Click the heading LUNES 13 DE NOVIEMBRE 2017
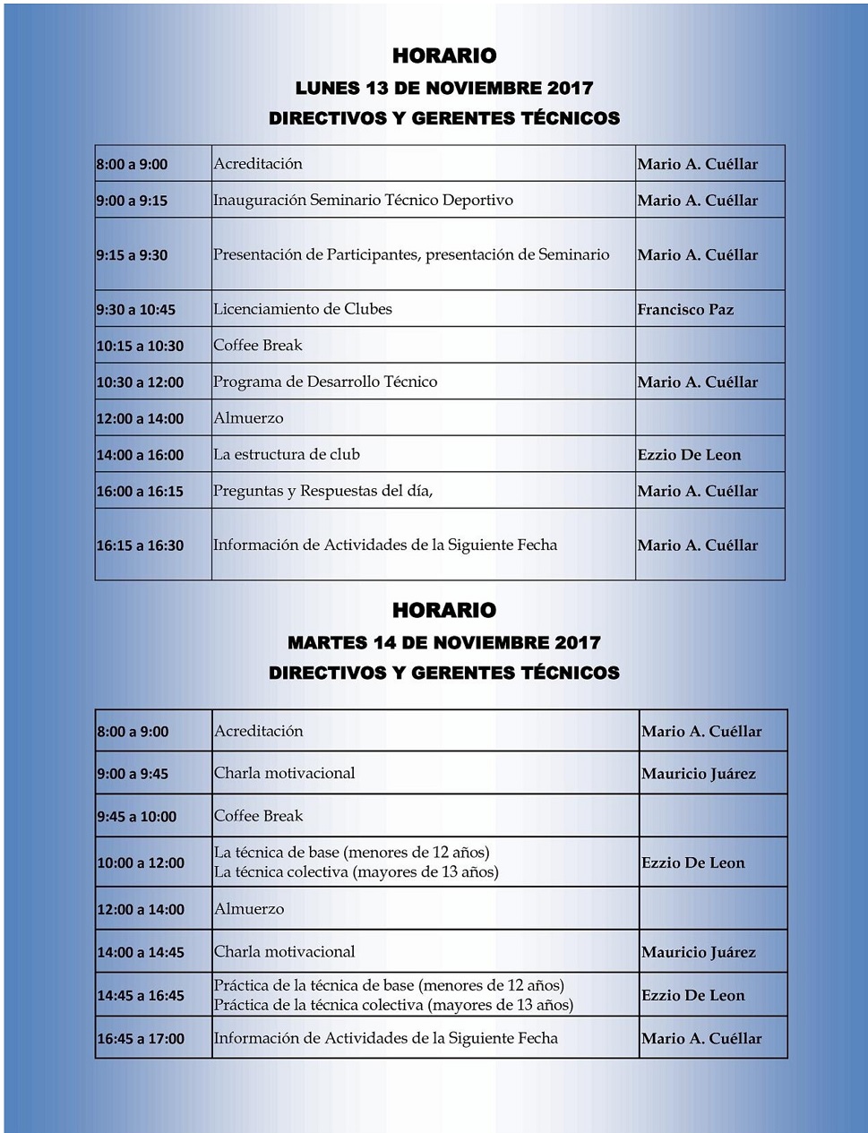[x=444, y=88]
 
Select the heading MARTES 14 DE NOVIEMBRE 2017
[x=444, y=642]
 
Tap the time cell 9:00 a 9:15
[x=133, y=201]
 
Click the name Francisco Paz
[x=685, y=310]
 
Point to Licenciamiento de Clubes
[x=303, y=309]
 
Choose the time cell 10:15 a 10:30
[x=140, y=346]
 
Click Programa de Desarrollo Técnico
[x=325, y=382]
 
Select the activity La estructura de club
[x=287, y=454]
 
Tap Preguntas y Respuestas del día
[x=322, y=491]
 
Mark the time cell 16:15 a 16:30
[x=140, y=545]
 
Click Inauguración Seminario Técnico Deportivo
[x=363, y=200]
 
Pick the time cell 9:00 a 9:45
[x=133, y=774]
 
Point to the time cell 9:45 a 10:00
[x=137, y=817]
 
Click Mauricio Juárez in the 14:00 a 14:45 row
[x=699, y=952]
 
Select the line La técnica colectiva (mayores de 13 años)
[x=356, y=872]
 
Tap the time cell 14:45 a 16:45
[x=141, y=996]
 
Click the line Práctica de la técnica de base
[x=389, y=985]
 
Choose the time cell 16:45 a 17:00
[x=141, y=1039]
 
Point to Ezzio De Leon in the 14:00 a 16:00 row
[x=690, y=455]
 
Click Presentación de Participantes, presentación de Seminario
[x=411, y=254]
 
